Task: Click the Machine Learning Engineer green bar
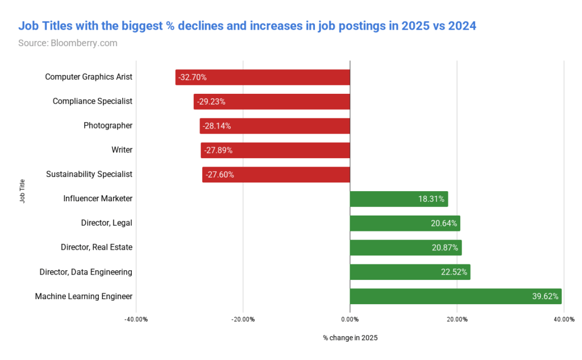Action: [455, 296]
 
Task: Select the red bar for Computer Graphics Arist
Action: [263, 77]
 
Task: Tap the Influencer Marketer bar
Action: [398, 199]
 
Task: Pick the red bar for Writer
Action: [275, 150]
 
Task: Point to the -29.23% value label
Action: [211, 102]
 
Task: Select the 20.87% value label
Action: [444, 248]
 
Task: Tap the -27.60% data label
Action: [219, 175]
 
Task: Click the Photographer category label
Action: [107, 126]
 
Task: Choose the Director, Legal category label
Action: [106, 223]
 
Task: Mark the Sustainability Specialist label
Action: [89, 174]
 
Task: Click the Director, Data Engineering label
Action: [85, 272]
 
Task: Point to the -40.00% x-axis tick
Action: [136, 320]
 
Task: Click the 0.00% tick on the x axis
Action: [350, 320]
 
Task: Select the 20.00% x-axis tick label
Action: [456, 320]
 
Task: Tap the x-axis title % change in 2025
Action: [350, 338]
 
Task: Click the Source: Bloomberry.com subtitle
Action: [68, 43]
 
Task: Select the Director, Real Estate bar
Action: [405, 248]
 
